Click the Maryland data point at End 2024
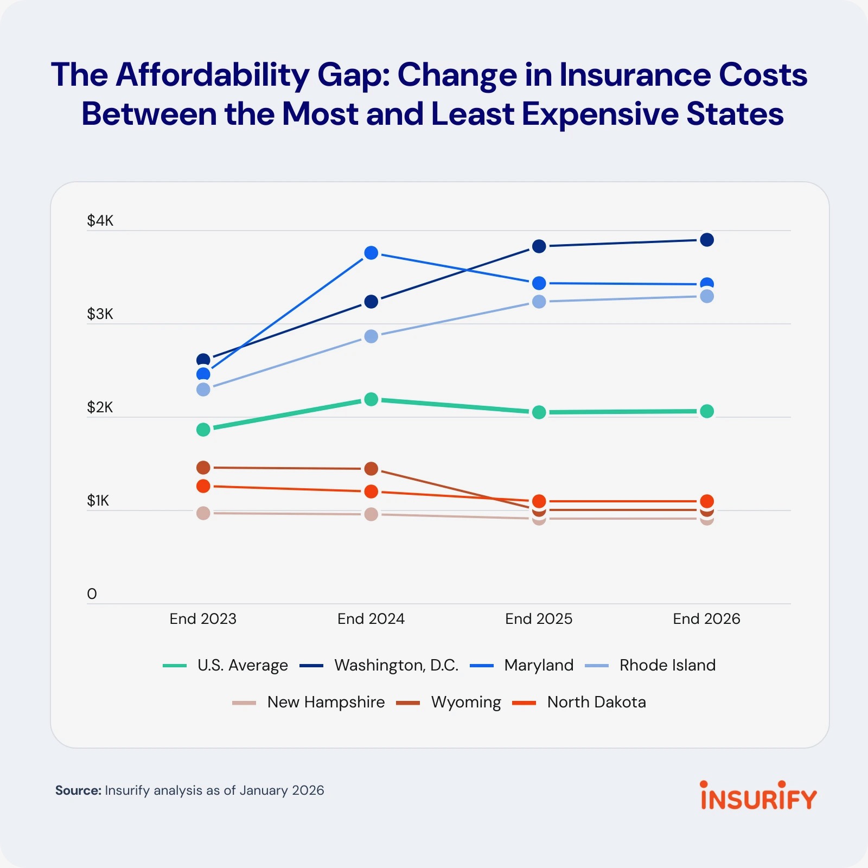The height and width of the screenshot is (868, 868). click(371, 253)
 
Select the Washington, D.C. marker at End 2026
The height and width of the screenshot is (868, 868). click(706, 240)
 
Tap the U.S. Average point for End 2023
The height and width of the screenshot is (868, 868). click(203, 430)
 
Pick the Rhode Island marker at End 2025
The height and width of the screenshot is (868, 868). click(539, 302)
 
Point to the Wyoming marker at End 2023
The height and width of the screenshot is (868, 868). click(203, 468)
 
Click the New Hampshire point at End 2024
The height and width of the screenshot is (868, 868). click(371, 514)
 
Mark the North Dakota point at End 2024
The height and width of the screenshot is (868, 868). click(371, 492)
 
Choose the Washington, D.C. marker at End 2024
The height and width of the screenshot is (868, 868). click(371, 302)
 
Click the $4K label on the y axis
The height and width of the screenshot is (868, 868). click(100, 221)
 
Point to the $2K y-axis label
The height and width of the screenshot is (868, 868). click(100, 407)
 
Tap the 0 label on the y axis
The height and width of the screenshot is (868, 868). click(92, 594)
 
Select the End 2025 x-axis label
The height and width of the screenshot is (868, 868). click(539, 619)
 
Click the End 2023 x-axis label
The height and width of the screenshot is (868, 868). click(203, 619)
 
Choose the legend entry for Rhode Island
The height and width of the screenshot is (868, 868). click(667, 665)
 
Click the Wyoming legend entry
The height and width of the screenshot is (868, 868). click(465, 702)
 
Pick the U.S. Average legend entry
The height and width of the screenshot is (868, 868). click(242, 665)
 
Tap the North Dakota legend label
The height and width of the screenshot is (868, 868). click(596, 702)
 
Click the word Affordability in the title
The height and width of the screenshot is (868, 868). click(212, 75)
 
